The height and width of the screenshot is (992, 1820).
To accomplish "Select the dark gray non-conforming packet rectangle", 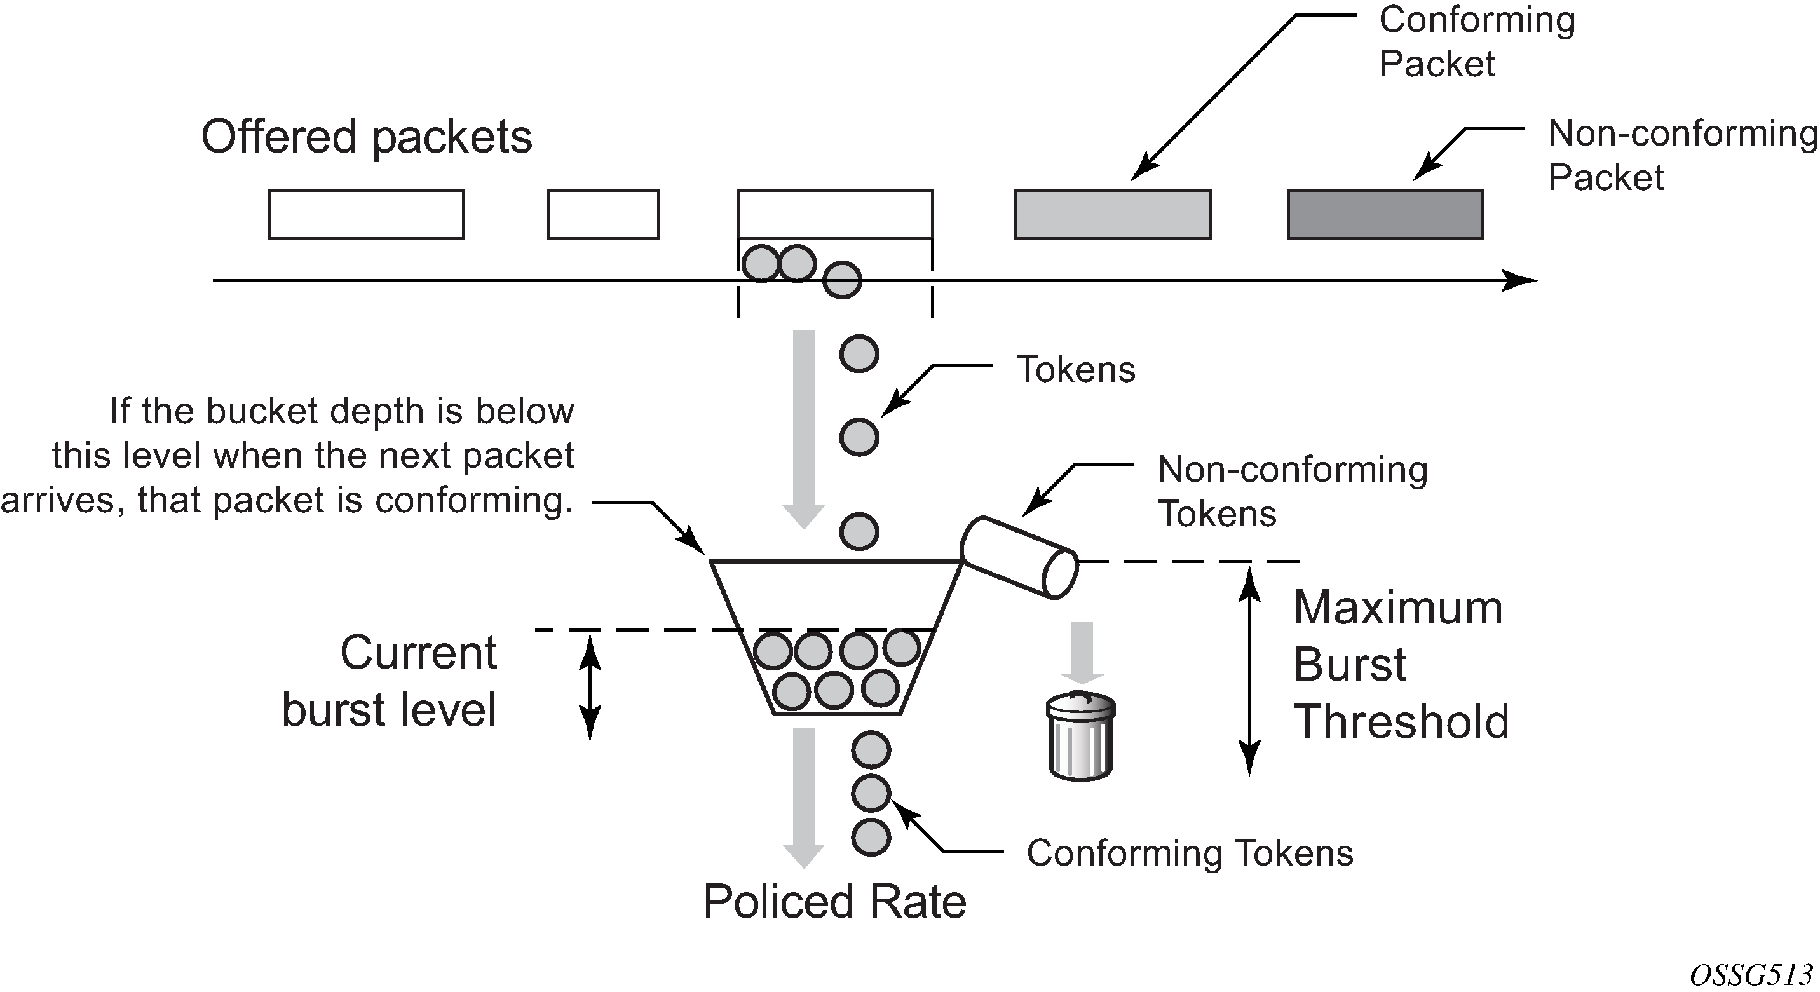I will [x=1385, y=214].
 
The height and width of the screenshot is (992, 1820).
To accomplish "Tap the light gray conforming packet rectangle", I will [x=1113, y=214].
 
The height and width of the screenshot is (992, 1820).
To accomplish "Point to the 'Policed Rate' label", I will [x=834, y=902].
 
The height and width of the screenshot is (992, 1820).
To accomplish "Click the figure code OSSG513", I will [x=1751, y=975].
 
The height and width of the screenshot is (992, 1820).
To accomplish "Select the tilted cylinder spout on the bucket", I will [x=1019, y=557].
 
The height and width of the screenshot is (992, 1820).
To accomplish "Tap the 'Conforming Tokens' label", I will [x=1190, y=853].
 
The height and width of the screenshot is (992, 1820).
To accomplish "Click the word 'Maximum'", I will [x=1397, y=608].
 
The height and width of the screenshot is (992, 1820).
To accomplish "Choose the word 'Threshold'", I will [x=1401, y=722].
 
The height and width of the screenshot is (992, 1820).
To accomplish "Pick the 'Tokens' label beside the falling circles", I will [x=1075, y=369].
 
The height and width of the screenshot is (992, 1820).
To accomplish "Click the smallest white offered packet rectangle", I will [x=602, y=214].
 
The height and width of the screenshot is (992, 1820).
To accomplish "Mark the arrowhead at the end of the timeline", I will [x=1519, y=280].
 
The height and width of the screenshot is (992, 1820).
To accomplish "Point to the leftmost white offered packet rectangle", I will [x=366, y=214].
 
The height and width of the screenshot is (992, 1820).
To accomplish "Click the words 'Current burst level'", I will [x=390, y=681].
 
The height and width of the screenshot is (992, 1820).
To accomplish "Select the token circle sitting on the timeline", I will [x=842, y=280].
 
